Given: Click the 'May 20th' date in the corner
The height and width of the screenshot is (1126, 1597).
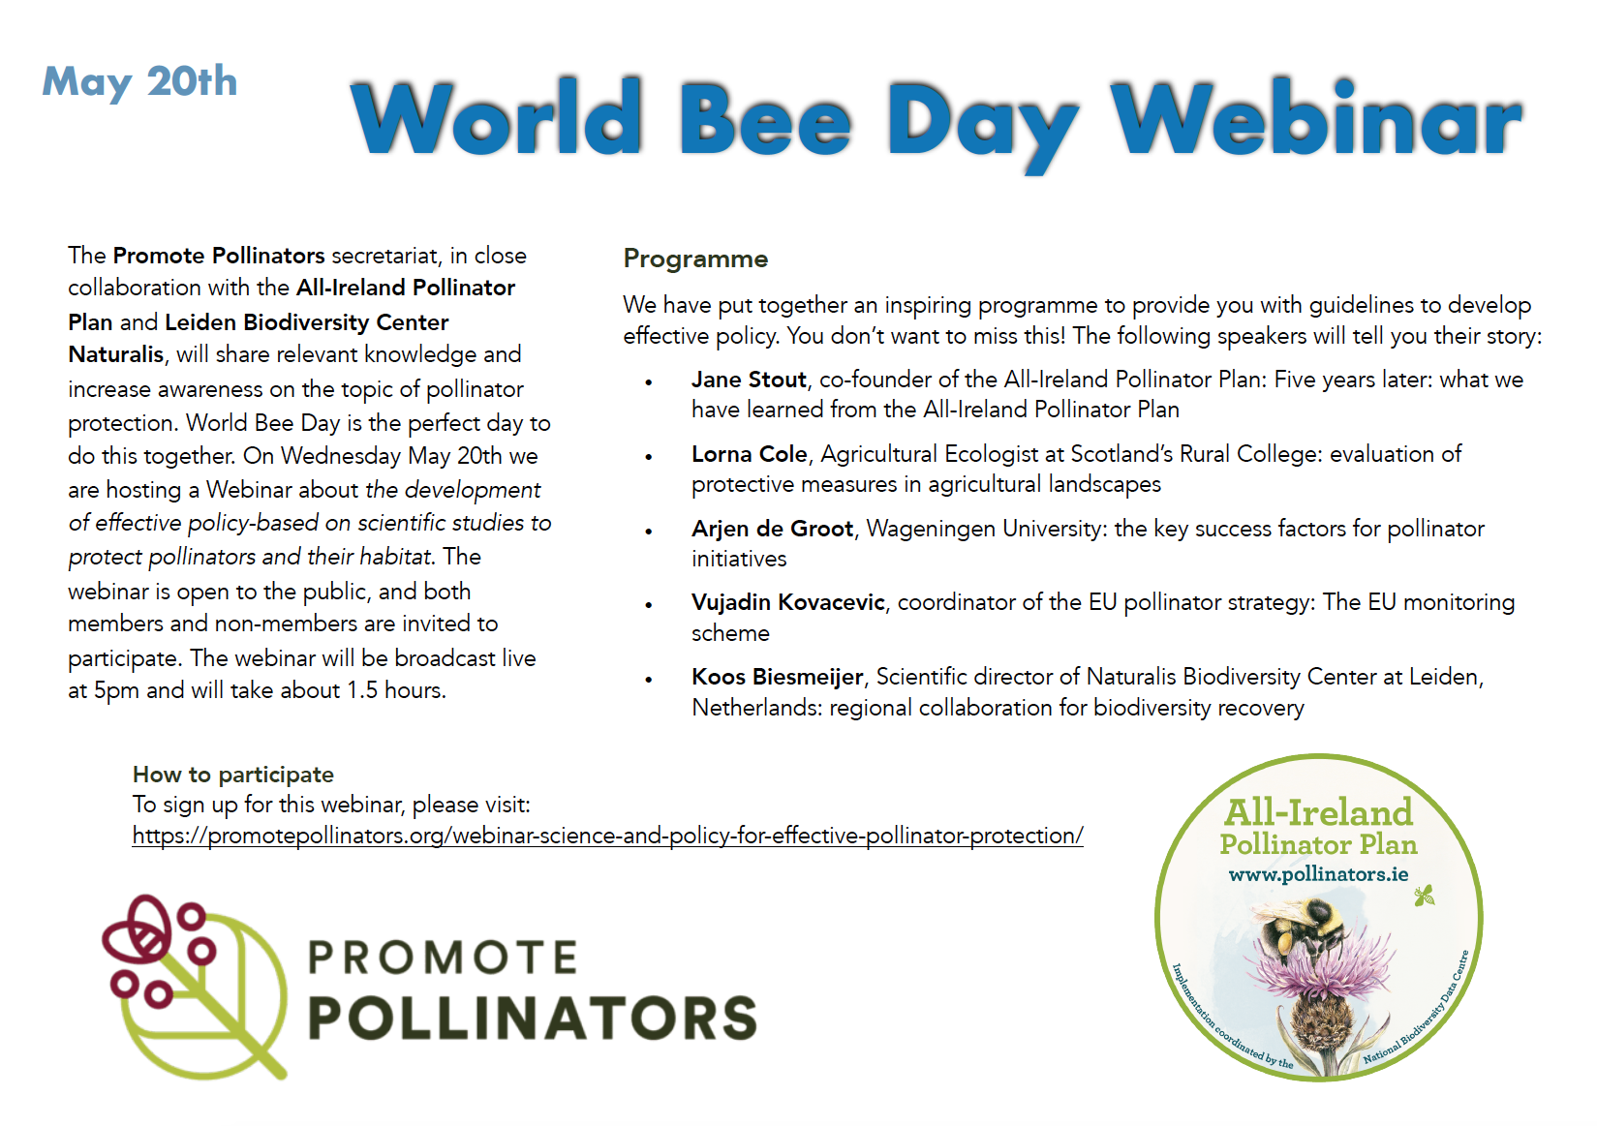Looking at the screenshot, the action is click(x=139, y=82).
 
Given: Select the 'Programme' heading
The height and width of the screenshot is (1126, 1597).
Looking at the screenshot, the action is click(x=695, y=259).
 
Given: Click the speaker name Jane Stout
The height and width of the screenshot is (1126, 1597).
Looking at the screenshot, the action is click(x=749, y=380).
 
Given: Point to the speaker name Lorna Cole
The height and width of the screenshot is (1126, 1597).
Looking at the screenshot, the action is click(x=750, y=454).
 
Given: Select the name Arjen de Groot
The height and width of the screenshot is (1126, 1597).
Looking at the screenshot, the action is click(x=772, y=529).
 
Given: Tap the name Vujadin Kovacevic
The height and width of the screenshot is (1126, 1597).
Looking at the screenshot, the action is click(x=787, y=603).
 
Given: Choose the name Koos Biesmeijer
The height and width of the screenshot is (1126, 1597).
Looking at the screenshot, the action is click(x=777, y=677).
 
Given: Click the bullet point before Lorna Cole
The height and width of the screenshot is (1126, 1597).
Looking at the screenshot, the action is click(x=648, y=457).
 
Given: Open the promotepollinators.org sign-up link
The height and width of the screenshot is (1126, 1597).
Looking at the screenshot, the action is click(x=607, y=836).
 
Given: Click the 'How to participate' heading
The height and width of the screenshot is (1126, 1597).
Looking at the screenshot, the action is click(x=233, y=775).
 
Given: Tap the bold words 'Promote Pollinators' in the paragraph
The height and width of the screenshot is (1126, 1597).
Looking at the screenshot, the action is click(x=218, y=256).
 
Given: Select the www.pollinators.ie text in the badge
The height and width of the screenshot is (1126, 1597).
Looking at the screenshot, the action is click(x=1318, y=874).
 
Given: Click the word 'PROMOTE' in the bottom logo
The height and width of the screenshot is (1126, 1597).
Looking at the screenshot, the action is click(x=443, y=958).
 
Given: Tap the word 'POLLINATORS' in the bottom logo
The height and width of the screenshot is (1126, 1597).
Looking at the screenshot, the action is click(x=533, y=1018).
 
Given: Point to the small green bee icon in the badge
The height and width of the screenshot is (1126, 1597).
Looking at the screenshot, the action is click(x=1424, y=896).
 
